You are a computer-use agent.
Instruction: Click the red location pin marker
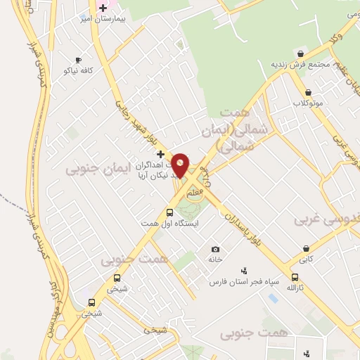point(181,164)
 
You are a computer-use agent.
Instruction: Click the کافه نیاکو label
point(78,70)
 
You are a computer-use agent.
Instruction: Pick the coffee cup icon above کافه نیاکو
point(78,60)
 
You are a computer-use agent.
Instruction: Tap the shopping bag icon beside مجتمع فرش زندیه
point(301,53)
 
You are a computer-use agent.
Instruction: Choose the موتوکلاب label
point(308,103)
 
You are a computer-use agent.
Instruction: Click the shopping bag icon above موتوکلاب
point(308,92)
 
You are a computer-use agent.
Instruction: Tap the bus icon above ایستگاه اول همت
point(169,212)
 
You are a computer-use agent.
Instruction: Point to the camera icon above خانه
point(215,249)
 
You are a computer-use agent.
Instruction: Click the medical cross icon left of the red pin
point(160,154)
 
